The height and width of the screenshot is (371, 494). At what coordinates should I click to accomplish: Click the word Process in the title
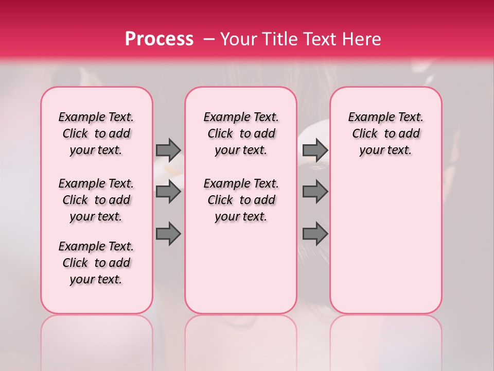pyautogui.click(x=159, y=39)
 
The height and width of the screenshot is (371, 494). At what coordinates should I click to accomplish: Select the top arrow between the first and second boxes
pyautogui.click(x=168, y=150)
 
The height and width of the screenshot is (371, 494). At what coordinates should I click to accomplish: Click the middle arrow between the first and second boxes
pyautogui.click(x=168, y=192)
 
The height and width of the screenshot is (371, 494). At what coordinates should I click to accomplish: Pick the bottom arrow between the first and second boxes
pyautogui.click(x=168, y=234)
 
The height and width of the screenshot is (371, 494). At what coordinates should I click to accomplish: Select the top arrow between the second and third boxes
pyautogui.click(x=315, y=150)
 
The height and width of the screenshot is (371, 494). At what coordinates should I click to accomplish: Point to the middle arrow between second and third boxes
pyautogui.click(x=315, y=192)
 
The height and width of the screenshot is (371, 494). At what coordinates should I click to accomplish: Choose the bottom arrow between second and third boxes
pyautogui.click(x=315, y=234)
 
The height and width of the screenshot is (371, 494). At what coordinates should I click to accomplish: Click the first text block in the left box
pyautogui.click(x=96, y=133)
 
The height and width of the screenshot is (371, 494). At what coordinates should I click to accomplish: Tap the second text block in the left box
pyautogui.click(x=96, y=200)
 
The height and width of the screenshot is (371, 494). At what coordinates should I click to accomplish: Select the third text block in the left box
pyautogui.click(x=96, y=263)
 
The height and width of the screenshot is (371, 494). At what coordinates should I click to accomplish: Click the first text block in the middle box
pyautogui.click(x=241, y=133)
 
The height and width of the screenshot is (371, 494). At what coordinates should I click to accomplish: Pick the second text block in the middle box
pyautogui.click(x=241, y=200)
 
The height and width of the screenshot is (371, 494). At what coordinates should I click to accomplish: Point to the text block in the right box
pyautogui.click(x=386, y=133)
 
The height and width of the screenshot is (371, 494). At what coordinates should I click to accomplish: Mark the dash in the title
pyautogui.click(x=209, y=40)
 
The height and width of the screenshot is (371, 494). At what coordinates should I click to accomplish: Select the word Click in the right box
pyautogui.click(x=365, y=134)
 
